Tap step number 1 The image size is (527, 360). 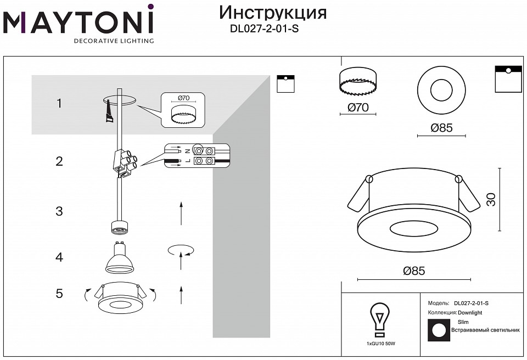coord(59,103)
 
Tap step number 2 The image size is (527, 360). coord(59,161)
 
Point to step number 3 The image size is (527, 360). coord(59,211)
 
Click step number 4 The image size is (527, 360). coord(59,257)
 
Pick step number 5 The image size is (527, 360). coord(59,294)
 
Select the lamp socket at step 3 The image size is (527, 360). coord(119,226)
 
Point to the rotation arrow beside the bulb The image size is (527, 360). coord(181,250)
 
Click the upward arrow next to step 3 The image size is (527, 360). coord(181,213)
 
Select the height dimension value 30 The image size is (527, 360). coord(492,200)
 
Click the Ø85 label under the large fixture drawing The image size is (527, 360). coord(414,271)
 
